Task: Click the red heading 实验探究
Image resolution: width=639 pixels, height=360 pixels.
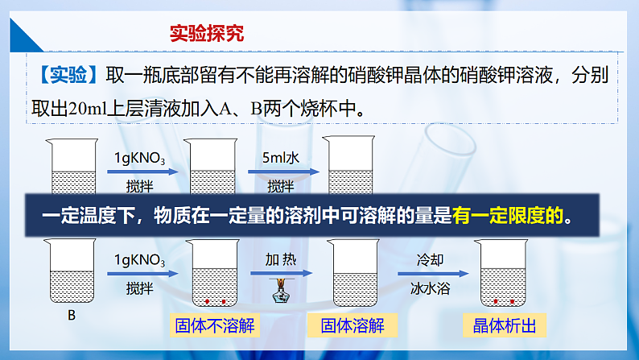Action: tap(207, 34)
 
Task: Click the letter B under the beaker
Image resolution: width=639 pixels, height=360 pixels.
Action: tap(71, 316)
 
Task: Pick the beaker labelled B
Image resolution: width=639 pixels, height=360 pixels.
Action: tap(71, 272)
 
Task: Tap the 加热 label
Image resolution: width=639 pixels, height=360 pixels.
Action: tap(281, 260)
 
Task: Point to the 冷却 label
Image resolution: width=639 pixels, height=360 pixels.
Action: tap(430, 260)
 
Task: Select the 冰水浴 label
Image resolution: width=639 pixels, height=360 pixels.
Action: tap(430, 286)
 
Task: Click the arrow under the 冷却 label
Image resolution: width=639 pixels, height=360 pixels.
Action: tap(430, 274)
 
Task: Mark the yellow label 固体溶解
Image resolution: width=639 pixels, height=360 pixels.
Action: tap(352, 325)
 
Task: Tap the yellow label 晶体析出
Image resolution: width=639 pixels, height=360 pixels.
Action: tap(505, 325)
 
